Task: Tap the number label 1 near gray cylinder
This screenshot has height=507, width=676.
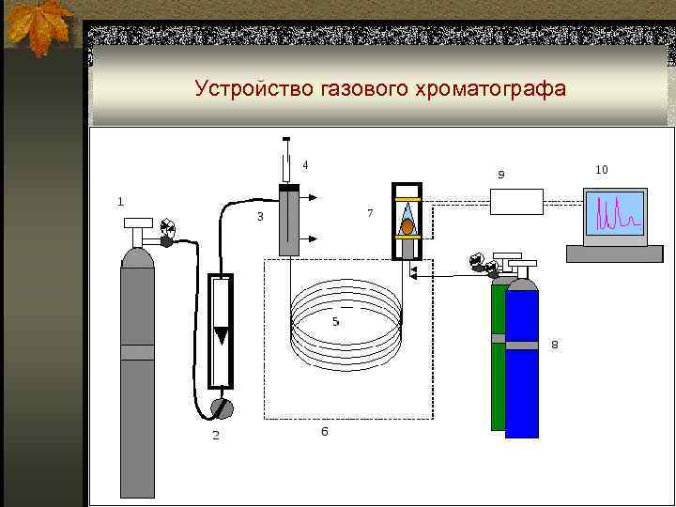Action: coord(119,200)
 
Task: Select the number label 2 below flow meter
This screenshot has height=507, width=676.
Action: coord(215,435)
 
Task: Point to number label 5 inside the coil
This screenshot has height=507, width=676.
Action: coord(335,321)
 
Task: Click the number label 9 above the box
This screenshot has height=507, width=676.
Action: coord(500,174)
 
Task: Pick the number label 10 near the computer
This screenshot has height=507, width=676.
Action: coord(602,169)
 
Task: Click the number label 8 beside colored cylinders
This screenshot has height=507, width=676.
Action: coord(554,345)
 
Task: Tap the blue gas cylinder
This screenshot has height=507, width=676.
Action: coord(522,366)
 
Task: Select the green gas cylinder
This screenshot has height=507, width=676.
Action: coord(498,357)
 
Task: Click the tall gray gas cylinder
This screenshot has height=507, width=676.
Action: coord(137,376)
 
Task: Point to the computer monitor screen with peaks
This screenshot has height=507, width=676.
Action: coord(615,213)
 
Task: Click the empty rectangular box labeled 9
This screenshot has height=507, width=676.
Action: coord(515,202)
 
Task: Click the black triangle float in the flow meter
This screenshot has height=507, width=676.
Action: coord(221,335)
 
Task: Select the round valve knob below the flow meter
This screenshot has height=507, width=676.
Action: coord(222,407)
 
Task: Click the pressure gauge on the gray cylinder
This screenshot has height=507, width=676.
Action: coord(168,226)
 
